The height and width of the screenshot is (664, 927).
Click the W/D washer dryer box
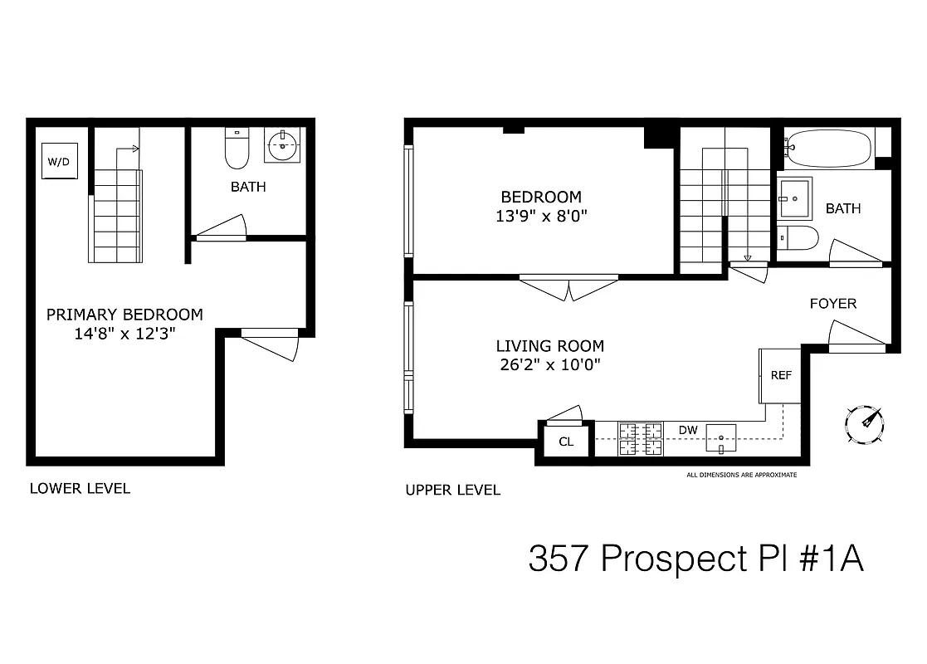click(58, 161)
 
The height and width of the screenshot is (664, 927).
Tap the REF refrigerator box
click(780, 375)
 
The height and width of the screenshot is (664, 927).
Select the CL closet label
click(565, 442)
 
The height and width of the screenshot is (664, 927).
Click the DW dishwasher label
click(687, 429)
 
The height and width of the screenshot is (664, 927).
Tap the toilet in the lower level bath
click(237, 149)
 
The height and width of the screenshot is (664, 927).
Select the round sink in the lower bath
click(284, 147)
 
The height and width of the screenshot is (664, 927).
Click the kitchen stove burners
click(641, 438)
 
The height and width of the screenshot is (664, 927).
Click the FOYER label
click(832, 304)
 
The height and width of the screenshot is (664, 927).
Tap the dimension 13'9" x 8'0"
click(540, 216)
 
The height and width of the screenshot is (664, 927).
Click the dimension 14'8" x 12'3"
click(124, 333)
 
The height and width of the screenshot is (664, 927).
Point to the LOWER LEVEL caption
click(80, 488)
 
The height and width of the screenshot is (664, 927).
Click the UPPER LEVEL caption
click(452, 490)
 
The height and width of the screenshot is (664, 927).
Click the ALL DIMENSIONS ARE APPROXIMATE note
click(741, 475)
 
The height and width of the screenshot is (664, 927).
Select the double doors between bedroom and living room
click(568, 287)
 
